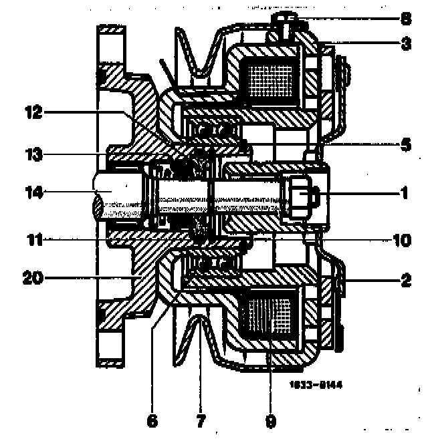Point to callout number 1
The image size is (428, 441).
(x=405, y=194)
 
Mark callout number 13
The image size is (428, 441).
(x=33, y=155)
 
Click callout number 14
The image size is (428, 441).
(x=33, y=194)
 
